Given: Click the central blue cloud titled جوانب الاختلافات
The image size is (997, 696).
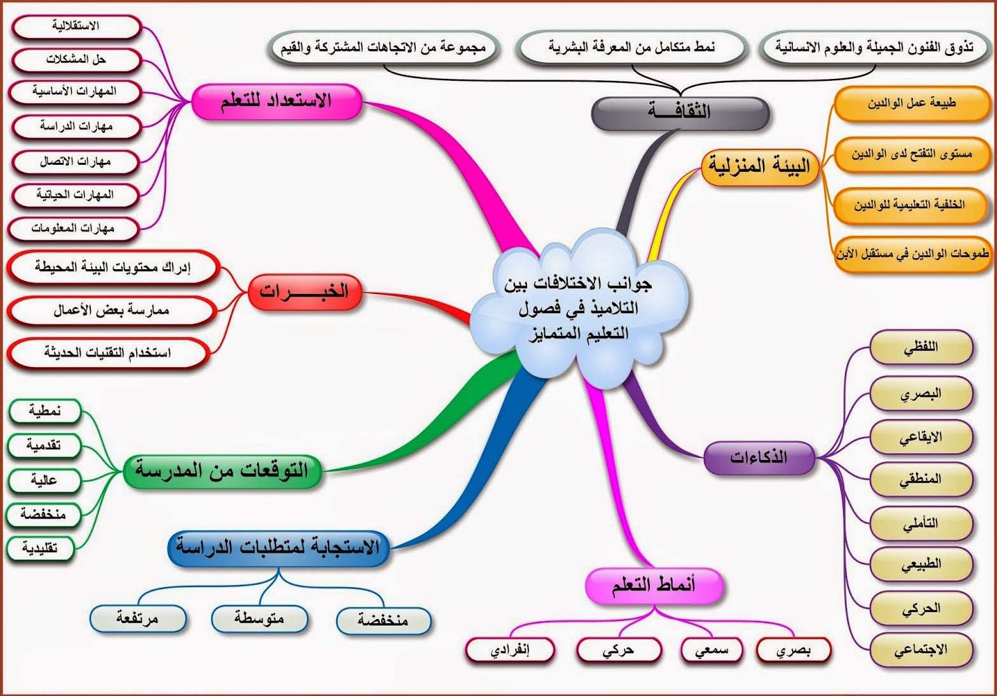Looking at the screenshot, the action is coord(579,308).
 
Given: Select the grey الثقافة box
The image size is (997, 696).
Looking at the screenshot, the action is coord(680,113).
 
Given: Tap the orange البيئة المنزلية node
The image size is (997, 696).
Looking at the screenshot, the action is coord(760,167).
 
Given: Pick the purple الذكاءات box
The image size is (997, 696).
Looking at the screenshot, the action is coord(759,458).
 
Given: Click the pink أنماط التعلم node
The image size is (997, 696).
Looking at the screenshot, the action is coord(654,585).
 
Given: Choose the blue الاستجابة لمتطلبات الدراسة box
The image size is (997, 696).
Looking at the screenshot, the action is coord(278,548).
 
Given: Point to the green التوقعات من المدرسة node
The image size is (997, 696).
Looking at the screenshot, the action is coord(222,471).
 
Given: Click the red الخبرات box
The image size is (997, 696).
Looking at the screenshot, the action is coord(305,292).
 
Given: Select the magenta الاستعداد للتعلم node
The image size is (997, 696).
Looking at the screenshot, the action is coord(276,102).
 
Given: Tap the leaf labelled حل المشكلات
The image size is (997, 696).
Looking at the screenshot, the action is coord(76,60).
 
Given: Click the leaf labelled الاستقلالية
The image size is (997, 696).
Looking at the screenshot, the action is coord(76,26).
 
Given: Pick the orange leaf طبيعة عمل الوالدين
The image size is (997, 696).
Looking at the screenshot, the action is coord(912,104).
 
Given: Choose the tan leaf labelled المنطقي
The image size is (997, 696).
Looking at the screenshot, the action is coord(921,480).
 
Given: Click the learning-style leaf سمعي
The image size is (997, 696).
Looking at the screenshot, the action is coord(712,651).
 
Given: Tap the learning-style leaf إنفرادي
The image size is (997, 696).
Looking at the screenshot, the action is coord(510,651).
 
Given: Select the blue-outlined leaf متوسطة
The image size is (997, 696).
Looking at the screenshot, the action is coord(259,619).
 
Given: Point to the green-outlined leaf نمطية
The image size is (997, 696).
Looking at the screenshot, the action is coord(45,411).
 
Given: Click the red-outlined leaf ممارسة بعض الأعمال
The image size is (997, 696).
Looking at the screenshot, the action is coord(111,310).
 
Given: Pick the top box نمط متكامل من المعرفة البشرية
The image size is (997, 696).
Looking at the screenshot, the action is coord(631,47).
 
